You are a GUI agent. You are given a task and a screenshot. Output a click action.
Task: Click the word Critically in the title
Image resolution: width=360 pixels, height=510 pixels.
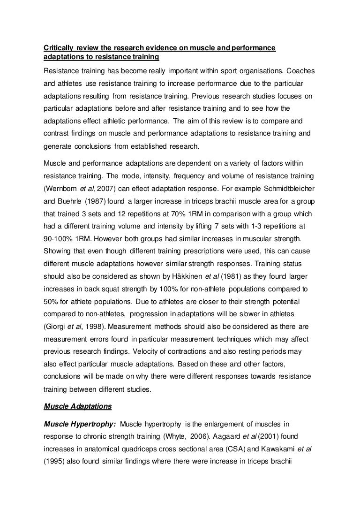click(58, 48)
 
